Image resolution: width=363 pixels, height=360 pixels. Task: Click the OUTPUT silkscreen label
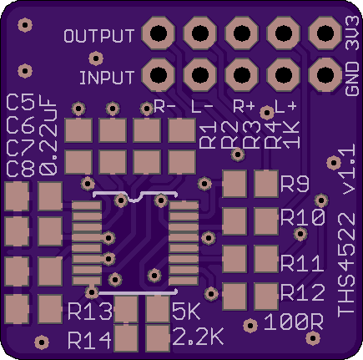point(99,36)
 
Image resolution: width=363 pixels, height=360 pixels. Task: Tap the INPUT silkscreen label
point(107,78)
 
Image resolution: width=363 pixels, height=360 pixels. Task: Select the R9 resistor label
point(295,184)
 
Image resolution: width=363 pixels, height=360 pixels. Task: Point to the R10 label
point(303,217)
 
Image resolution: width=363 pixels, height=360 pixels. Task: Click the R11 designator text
point(302,263)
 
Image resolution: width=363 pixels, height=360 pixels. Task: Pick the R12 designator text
point(303,292)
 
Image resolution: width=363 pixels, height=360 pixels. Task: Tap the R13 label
point(90,312)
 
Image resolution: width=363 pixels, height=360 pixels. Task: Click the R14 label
point(89,341)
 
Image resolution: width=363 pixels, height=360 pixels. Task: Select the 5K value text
point(186,312)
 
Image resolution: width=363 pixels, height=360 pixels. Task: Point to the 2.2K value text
point(198,337)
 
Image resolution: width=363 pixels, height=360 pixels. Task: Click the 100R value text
point(293,322)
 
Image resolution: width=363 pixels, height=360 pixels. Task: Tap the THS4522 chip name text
point(346,265)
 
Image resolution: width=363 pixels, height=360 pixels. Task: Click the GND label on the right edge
point(352,79)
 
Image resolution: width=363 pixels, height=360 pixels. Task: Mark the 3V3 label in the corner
point(352,33)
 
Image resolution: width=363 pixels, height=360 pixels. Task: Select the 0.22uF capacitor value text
point(48,137)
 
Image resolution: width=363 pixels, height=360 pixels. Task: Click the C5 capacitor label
point(21,102)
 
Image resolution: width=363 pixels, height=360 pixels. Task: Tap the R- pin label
point(164,106)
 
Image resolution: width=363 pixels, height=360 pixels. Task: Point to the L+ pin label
point(285,106)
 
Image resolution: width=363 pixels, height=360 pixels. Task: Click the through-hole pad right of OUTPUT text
point(159,33)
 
